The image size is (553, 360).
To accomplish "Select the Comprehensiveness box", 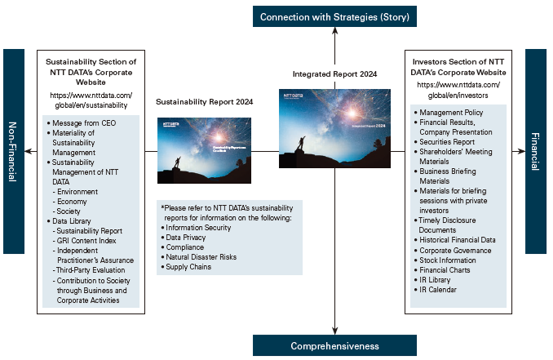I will [335, 346].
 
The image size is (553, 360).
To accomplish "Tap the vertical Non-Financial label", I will [14, 151].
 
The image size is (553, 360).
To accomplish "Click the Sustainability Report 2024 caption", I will [205, 101].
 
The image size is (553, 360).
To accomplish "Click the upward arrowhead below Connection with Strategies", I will [335, 33].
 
